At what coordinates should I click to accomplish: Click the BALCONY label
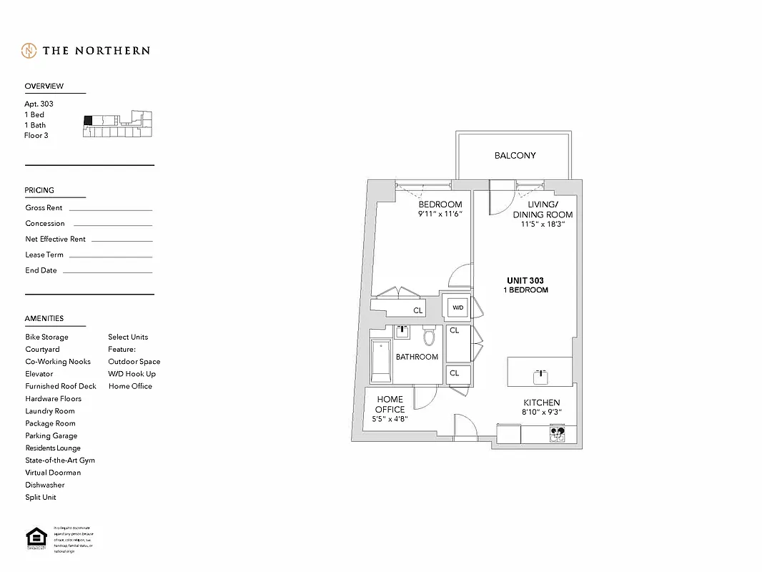515,155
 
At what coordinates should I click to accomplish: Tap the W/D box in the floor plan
457,308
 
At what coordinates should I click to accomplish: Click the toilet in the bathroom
430,336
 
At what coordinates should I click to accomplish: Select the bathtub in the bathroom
380,361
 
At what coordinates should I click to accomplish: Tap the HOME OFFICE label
390,405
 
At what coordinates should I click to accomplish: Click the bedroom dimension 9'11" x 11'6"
440,214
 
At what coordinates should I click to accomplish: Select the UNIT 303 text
526,281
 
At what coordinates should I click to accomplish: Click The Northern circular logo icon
29,51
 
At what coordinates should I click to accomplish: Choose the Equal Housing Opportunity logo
34,538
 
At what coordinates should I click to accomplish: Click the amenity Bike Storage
47,337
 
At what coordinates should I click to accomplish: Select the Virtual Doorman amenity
53,473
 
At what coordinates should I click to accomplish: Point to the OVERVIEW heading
44,86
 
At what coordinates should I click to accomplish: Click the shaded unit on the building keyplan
89,120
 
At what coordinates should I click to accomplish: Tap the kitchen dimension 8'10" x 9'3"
542,413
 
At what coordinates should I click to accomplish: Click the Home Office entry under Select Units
130,386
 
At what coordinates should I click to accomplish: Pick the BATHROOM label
417,357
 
